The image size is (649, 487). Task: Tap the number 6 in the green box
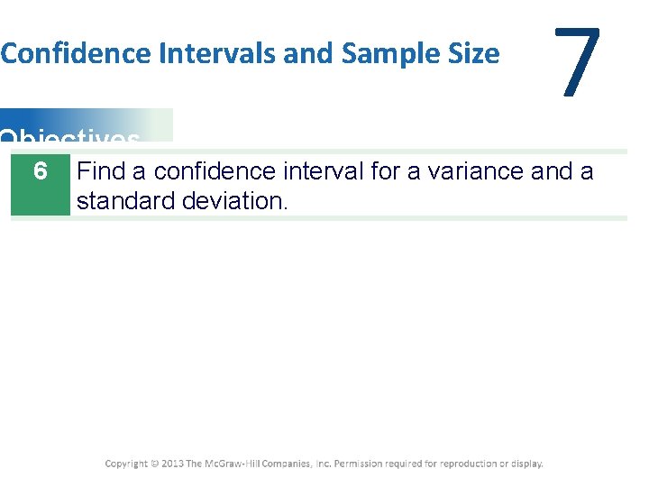[40, 170]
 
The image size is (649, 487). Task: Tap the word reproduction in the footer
[474, 464]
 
